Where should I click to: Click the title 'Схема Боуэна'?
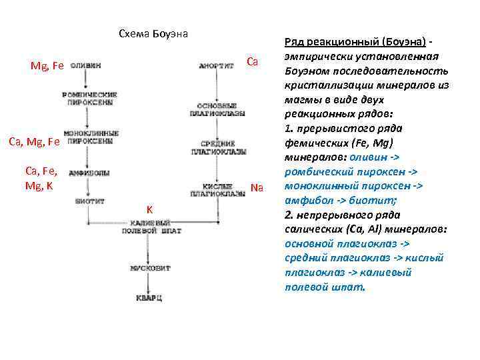pos(153,33)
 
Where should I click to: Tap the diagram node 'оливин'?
pos(87,66)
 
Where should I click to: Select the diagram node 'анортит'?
pos(216,66)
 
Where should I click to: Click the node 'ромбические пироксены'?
pos(91,98)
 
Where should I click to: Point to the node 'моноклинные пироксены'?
pos(91,137)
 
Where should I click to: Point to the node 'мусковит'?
pos(151,269)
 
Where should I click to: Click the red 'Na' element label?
pos(257,188)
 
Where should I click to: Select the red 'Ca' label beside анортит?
pos(252,62)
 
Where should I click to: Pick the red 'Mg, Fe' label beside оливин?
pos(47,66)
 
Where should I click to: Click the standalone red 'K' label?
pos(150,210)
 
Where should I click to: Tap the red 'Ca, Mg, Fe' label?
pos(33,141)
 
